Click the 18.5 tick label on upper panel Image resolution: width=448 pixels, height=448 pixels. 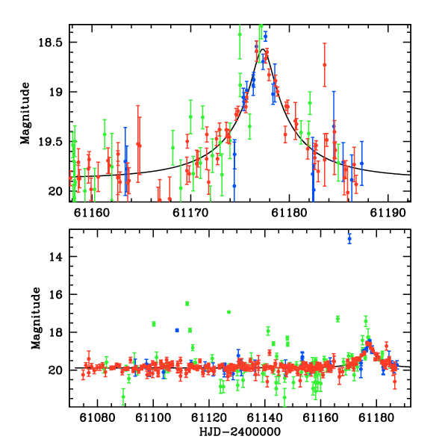pos(50,43)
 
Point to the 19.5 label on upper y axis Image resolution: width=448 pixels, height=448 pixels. pos(50,142)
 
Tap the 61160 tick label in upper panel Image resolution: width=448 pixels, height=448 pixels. pos(92,213)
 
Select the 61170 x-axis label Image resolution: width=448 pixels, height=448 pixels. pos(190,213)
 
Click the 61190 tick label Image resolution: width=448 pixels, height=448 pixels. pos(388,213)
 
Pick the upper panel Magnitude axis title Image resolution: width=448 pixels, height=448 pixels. pos(25,113)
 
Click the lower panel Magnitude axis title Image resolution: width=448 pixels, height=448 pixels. pos(36,318)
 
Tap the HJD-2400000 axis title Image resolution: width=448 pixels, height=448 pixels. pos(240,432)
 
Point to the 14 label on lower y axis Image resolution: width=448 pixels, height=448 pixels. pos(55,257)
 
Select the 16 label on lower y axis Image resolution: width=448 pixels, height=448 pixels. pos(55,295)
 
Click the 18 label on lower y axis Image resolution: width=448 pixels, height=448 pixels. pos(55,332)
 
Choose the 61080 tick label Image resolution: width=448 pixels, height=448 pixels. pos(97,417)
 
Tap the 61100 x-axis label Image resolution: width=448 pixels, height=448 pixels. pos(153,417)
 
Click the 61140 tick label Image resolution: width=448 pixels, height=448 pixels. pos(264,417)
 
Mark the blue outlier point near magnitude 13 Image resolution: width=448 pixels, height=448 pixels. pos(349,239)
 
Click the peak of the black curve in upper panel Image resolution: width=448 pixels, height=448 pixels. pos(263,49)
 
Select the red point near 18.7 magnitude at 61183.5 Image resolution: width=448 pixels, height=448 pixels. pos(325,65)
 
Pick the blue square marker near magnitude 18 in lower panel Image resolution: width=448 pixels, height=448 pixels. pos(177,330)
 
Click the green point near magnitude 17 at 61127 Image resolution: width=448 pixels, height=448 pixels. pos(229,312)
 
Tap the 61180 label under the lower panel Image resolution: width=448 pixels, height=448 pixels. pos(376,417)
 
